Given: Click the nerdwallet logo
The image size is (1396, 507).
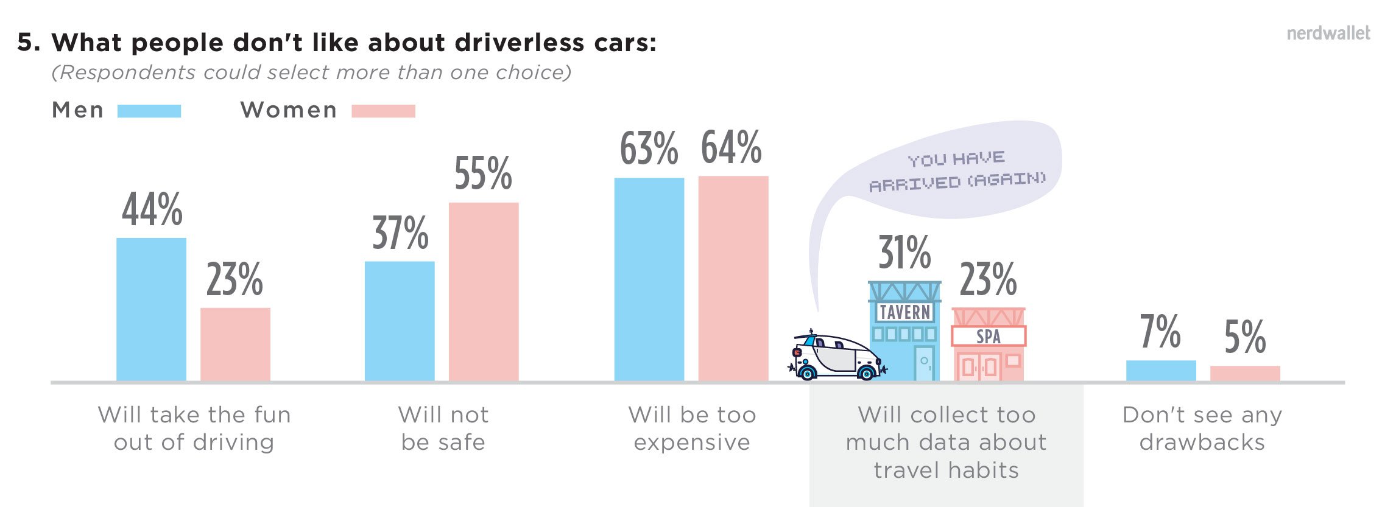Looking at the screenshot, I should click(1328, 33).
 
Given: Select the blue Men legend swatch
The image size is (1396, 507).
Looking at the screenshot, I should click(149, 111).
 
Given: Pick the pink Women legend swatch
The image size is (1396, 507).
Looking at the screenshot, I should click(383, 111).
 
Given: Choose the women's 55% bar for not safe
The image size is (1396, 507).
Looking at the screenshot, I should click(484, 292).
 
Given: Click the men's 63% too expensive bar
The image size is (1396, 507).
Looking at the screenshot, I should click(649, 279).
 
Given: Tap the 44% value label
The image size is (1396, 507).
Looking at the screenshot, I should click(152, 209).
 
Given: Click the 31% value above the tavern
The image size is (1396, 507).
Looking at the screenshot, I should click(904, 253).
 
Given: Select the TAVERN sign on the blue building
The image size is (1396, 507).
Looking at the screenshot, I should click(905, 312).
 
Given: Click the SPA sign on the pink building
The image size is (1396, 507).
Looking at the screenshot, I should click(989, 336).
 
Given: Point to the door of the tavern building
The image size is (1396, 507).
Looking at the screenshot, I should click(924, 363).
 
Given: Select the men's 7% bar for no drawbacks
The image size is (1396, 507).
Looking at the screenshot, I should click(1161, 371).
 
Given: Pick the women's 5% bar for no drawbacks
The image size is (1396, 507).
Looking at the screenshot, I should click(1245, 373).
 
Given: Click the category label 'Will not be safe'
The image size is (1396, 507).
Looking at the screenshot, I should click(443, 428).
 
